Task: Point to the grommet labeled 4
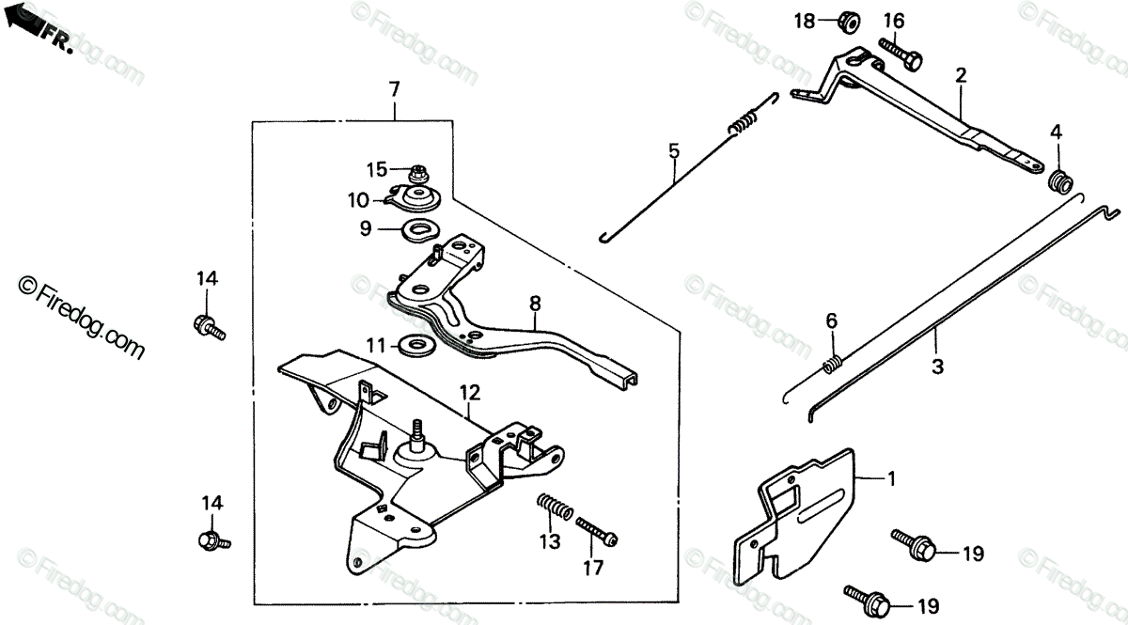(1061, 180)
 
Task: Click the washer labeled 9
(420, 228)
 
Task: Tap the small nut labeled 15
(416, 173)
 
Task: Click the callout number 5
(674, 149)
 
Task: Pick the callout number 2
(960, 74)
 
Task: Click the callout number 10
(358, 199)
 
